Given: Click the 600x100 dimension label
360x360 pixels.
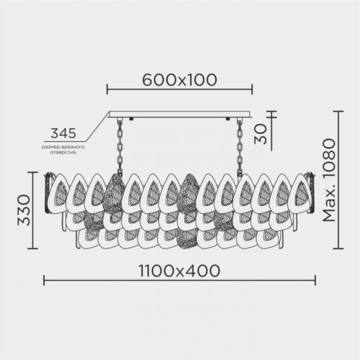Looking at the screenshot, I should coord(179,81).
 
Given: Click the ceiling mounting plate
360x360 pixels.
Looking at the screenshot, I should coord(179,116).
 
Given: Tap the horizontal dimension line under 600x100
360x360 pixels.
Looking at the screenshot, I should coord(179,91).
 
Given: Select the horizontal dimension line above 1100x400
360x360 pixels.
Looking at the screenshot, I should coord(179,282).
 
